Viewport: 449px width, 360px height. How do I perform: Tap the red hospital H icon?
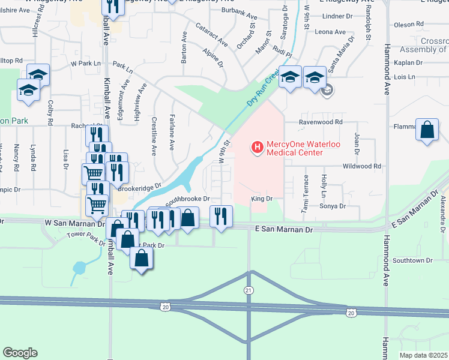tap(258, 147)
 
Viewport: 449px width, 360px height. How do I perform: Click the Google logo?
tap(20, 353)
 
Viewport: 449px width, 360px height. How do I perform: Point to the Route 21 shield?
tap(249, 290)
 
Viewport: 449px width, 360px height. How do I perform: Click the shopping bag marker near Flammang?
tap(426, 131)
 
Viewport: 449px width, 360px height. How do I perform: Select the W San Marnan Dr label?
tap(71, 223)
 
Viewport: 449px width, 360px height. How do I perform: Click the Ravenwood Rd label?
tap(321, 122)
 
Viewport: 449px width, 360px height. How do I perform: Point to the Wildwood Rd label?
tap(361, 166)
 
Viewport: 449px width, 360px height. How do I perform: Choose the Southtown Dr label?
tap(412, 260)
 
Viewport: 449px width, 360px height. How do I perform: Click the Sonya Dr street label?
tap(334, 206)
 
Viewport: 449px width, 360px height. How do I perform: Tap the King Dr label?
tap(262, 198)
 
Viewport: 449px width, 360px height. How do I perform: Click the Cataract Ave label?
tap(212, 35)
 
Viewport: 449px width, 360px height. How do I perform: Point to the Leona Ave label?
tap(331, 32)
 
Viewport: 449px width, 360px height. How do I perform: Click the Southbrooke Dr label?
tap(187, 199)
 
